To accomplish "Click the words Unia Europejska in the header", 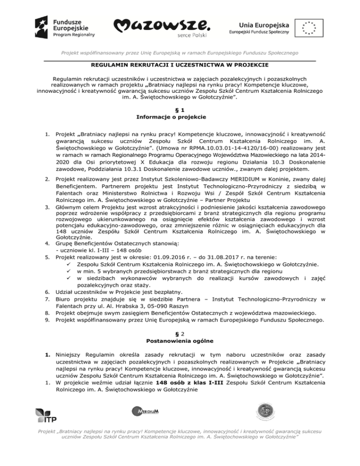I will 259,23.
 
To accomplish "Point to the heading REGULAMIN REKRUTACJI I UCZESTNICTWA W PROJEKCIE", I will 180,65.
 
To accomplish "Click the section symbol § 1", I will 180,109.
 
